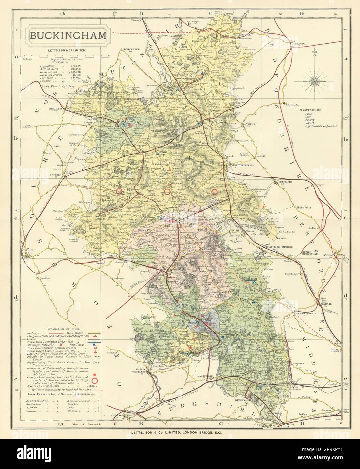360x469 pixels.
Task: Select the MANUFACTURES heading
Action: point(310,110)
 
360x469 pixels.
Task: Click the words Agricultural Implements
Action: point(318,126)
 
